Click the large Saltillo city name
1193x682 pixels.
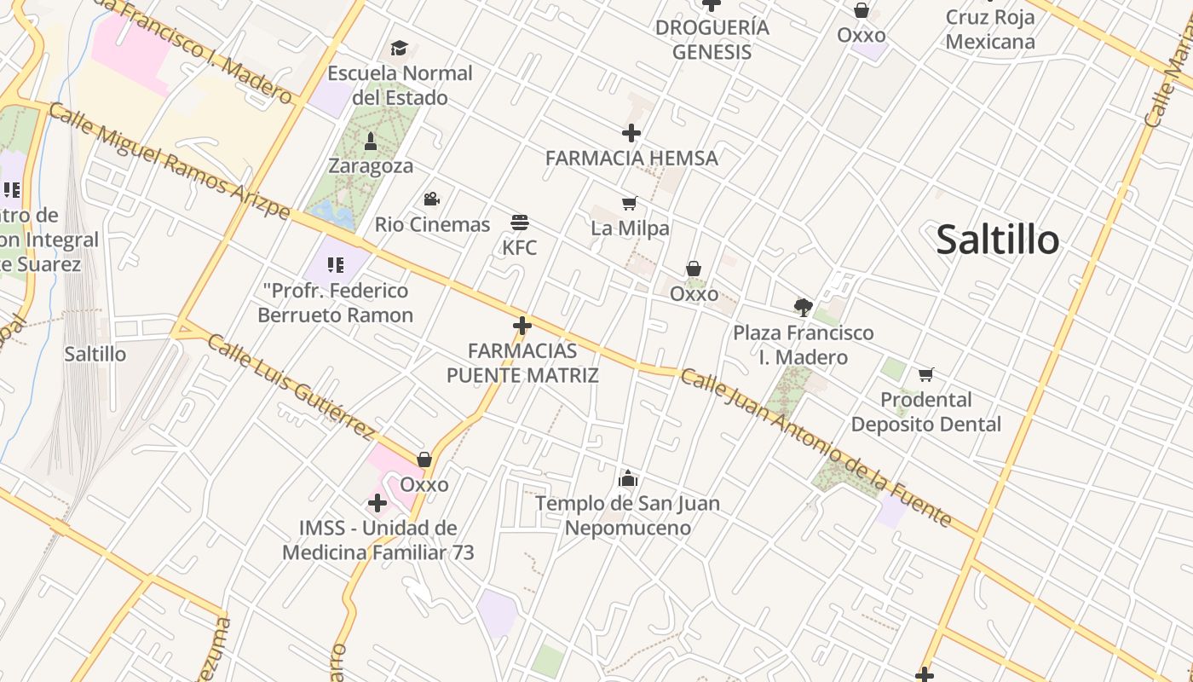(998, 240)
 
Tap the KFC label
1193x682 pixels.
(520, 248)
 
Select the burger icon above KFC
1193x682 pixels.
(520, 223)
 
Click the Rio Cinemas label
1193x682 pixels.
(433, 225)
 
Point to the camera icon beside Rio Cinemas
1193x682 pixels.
(431, 199)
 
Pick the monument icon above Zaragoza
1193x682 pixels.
(371, 140)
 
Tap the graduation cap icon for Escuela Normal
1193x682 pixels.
(399, 48)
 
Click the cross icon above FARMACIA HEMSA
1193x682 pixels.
(631, 133)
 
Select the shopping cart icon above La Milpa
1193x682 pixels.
(630, 203)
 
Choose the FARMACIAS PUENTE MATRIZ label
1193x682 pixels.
(522, 363)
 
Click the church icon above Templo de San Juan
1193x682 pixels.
(628, 478)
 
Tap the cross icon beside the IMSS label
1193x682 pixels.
(377, 503)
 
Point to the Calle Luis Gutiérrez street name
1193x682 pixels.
(291, 384)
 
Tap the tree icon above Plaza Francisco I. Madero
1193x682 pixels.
(803, 307)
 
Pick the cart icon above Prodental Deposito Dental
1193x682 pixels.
(926, 374)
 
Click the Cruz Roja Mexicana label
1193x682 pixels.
(990, 29)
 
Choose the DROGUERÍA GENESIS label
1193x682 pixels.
(712, 39)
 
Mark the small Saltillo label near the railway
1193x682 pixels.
(95, 354)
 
